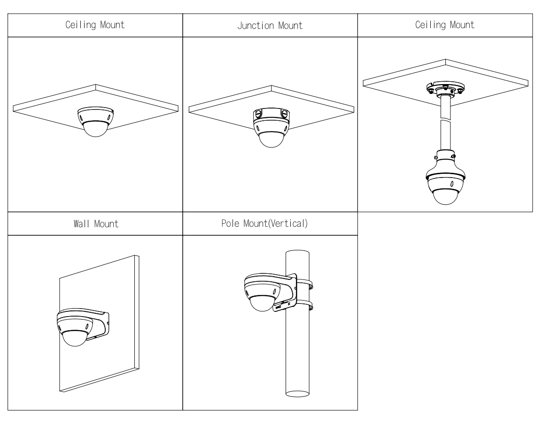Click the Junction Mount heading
[x=270, y=25]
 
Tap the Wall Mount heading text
[x=95, y=224]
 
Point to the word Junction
[x=258, y=25]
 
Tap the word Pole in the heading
[x=229, y=224]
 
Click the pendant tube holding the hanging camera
[x=445, y=132]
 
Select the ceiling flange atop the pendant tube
[x=445, y=88]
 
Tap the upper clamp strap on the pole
[x=304, y=284]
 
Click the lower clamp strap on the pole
[x=304, y=306]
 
